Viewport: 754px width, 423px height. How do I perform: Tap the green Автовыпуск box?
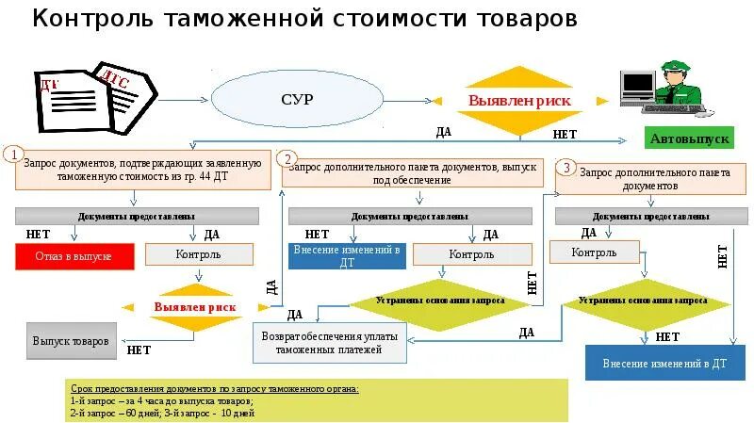click(x=689, y=138)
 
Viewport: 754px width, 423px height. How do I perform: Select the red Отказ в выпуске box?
click(x=75, y=256)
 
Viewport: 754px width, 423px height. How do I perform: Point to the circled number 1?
click(x=13, y=154)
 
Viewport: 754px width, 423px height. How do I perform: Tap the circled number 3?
click(x=565, y=167)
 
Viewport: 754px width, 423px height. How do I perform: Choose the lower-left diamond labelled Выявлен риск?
click(x=195, y=306)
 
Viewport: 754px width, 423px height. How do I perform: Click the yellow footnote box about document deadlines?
click(x=318, y=400)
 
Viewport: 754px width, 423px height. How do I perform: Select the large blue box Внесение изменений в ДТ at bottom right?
click(x=658, y=363)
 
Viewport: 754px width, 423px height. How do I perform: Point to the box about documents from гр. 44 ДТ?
click(x=138, y=170)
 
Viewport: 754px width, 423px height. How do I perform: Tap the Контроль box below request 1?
click(x=198, y=254)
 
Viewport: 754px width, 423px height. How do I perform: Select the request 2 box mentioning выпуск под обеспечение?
click(x=413, y=172)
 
